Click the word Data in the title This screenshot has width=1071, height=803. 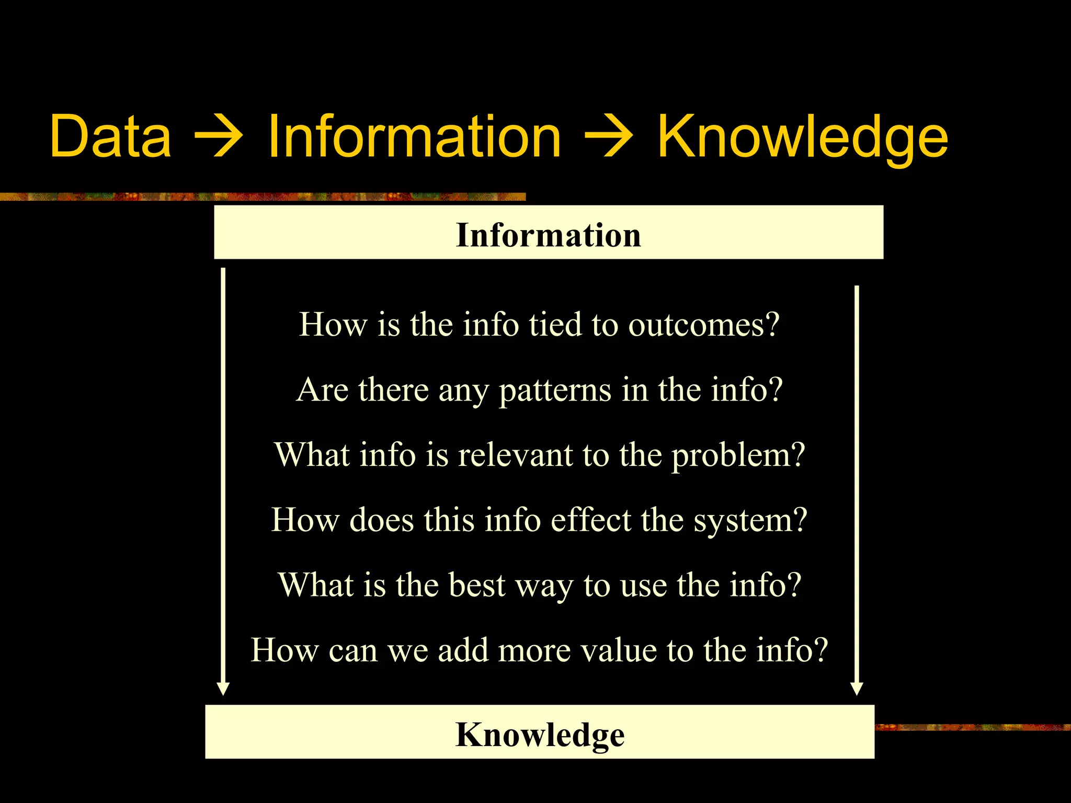(110, 137)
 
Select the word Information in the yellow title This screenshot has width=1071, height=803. (414, 137)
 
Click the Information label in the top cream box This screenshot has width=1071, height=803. (549, 235)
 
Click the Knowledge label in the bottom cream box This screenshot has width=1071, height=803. (540, 735)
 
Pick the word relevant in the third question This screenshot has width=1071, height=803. (515, 455)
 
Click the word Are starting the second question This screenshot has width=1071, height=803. (322, 390)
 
